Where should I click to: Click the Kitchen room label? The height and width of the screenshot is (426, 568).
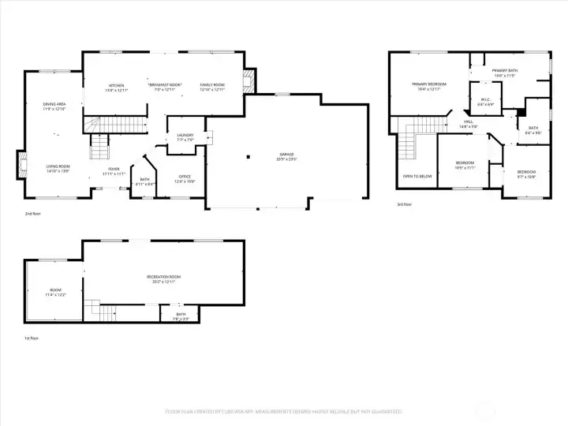tap(117, 86)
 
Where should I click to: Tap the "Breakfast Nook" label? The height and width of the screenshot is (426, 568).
tap(165, 85)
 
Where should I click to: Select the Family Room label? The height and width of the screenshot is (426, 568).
tap(211, 86)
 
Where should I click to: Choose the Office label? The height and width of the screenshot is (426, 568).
tap(185, 178)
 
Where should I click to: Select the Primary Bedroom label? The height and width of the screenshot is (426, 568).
tap(428, 85)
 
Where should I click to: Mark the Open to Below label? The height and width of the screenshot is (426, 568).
tap(417, 176)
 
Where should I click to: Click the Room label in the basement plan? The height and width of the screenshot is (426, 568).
tap(55, 292)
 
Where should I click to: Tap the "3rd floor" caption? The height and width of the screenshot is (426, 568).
tap(405, 204)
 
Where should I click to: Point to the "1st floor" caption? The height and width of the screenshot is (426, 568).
tap(31, 338)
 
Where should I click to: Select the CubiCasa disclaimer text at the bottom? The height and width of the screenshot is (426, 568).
tap(283, 411)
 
